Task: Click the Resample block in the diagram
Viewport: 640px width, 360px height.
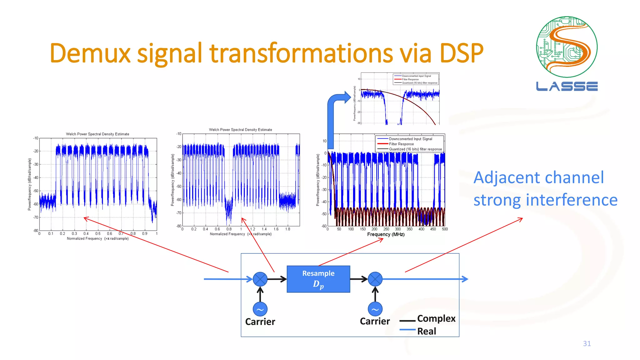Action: pyautogui.click(x=318, y=279)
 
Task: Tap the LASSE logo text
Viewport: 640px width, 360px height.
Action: pyautogui.click(x=567, y=86)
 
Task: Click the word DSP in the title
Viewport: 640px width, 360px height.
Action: pyautogui.click(x=461, y=53)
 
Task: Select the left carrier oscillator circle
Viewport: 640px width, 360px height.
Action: pyautogui.click(x=260, y=309)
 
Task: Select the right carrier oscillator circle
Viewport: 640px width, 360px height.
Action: pyautogui.click(x=375, y=309)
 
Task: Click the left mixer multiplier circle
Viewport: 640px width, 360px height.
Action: pyautogui.click(x=260, y=279)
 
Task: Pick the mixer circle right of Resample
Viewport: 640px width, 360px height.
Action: pyautogui.click(x=375, y=279)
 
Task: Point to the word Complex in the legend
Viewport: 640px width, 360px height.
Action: pyautogui.click(x=436, y=318)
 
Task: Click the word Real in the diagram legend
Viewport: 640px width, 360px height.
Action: pyautogui.click(x=427, y=331)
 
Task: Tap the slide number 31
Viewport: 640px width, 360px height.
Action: pyautogui.click(x=587, y=343)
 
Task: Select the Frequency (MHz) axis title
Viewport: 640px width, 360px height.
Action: pyautogui.click(x=386, y=234)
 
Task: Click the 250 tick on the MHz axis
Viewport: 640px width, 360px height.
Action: pyautogui.click(x=386, y=229)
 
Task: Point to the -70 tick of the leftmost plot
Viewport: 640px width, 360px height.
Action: pyautogui.click(x=36, y=217)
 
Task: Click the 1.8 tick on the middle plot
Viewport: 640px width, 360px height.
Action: pyautogui.click(x=287, y=229)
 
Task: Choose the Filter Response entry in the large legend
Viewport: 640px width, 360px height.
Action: pyautogui.click(x=401, y=144)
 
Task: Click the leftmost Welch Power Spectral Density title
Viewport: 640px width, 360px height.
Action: pyautogui.click(x=97, y=134)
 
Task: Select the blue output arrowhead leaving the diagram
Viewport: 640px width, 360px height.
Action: pyautogui.click(x=465, y=279)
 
